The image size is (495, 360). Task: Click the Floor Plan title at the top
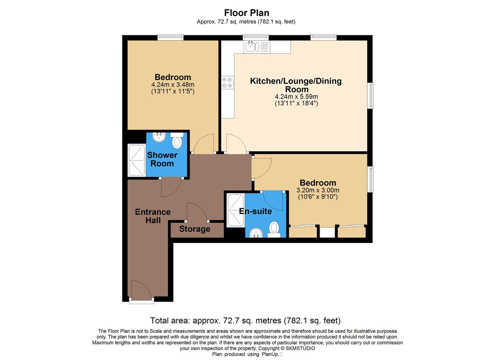(246, 13)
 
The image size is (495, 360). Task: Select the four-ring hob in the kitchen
(228, 82)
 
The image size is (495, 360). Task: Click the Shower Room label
(162, 159)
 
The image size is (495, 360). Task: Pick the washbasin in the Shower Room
(159, 137)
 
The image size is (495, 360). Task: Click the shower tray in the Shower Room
(137, 160)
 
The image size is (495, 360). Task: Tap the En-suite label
(255, 211)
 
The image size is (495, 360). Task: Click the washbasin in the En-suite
(256, 233)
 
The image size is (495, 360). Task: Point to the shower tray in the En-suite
(235, 211)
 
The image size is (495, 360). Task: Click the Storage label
(195, 229)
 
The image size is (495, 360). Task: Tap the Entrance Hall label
(153, 216)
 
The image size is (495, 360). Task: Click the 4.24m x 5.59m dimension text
(296, 97)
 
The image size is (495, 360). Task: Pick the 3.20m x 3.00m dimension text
(318, 190)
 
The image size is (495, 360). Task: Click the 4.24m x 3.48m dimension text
(173, 85)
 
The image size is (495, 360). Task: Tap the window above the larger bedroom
(170, 37)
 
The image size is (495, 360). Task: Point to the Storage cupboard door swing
(197, 212)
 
